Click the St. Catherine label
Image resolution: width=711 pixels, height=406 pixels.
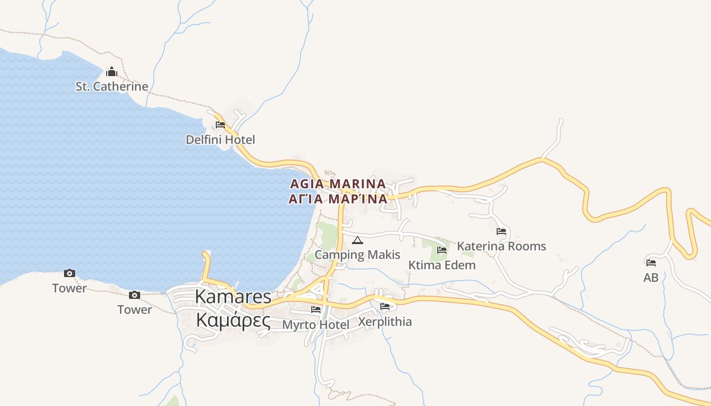(112, 86)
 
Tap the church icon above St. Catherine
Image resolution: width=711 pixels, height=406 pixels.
(112, 72)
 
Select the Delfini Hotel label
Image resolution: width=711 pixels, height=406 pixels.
(220, 140)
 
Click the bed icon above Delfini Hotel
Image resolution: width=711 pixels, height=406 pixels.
(220, 124)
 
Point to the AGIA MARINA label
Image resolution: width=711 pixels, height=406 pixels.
(338, 183)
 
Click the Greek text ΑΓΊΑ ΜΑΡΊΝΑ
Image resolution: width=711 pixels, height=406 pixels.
(338, 199)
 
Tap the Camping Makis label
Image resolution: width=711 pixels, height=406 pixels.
(358, 255)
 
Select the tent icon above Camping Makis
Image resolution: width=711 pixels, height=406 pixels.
(358, 240)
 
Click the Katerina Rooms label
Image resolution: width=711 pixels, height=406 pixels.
(501, 246)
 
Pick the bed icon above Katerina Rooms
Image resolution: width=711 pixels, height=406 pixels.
(501, 231)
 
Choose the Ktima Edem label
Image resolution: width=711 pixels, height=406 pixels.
(442, 265)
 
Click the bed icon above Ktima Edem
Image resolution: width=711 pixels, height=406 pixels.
(442, 250)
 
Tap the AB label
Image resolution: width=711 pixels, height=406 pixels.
(651, 278)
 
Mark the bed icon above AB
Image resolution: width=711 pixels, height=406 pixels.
(651, 263)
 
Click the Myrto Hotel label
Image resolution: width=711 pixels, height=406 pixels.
(315, 324)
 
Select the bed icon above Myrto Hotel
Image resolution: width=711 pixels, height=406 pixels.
(315, 309)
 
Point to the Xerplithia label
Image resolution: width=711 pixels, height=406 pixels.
(385, 322)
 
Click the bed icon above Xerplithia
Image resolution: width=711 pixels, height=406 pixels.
(385, 307)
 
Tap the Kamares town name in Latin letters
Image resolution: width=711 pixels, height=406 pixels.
(233, 297)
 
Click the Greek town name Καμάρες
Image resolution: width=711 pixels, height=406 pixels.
(233, 321)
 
